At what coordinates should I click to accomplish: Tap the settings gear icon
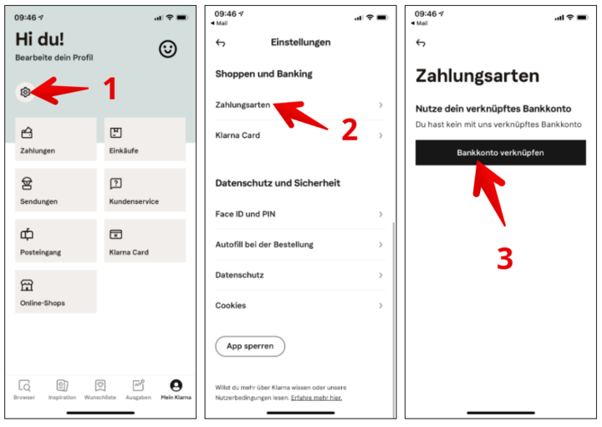[x=25, y=92]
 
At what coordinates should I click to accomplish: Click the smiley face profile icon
[x=168, y=48]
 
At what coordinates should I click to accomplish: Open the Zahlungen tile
[x=56, y=139]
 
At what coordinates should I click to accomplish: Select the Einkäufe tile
[x=145, y=139]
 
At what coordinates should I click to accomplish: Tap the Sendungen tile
[x=56, y=190]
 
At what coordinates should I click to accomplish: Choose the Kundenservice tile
[x=145, y=190]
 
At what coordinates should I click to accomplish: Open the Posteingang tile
[x=56, y=241]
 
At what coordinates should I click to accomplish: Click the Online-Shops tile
[x=56, y=292]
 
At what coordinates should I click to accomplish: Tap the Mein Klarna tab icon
[x=176, y=385]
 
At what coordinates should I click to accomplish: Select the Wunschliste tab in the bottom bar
[x=99, y=389]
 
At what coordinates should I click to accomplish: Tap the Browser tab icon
[x=24, y=385]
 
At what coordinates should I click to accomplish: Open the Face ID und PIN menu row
[x=300, y=214]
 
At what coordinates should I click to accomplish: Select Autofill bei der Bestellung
[x=300, y=244]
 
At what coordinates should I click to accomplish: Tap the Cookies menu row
[x=300, y=305]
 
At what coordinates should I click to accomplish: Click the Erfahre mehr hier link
[x=316, y=398]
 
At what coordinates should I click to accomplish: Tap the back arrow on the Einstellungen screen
[x=221, y=43]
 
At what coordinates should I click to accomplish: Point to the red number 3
[x=505, y=258]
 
